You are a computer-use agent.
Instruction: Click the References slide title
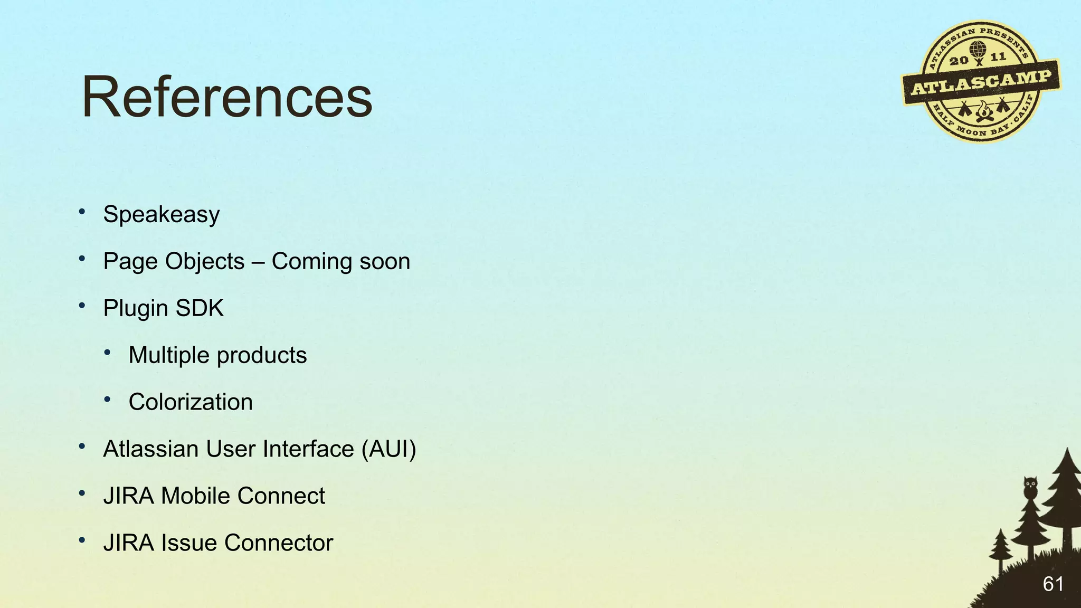coord(227,98)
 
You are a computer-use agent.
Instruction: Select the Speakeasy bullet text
coord(161,214)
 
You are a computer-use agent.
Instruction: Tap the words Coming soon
coord(340,261)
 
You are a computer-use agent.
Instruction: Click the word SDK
coord(200,308)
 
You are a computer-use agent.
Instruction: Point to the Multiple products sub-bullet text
coord(217,355)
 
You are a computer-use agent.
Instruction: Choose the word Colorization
coord(191,402)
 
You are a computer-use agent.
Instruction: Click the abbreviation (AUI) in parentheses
coord(388,449)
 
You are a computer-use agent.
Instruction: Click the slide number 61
coord(1052,584)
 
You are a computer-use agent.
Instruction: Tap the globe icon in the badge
coord(978,50)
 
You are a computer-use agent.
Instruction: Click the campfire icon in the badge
coord(983,111)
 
